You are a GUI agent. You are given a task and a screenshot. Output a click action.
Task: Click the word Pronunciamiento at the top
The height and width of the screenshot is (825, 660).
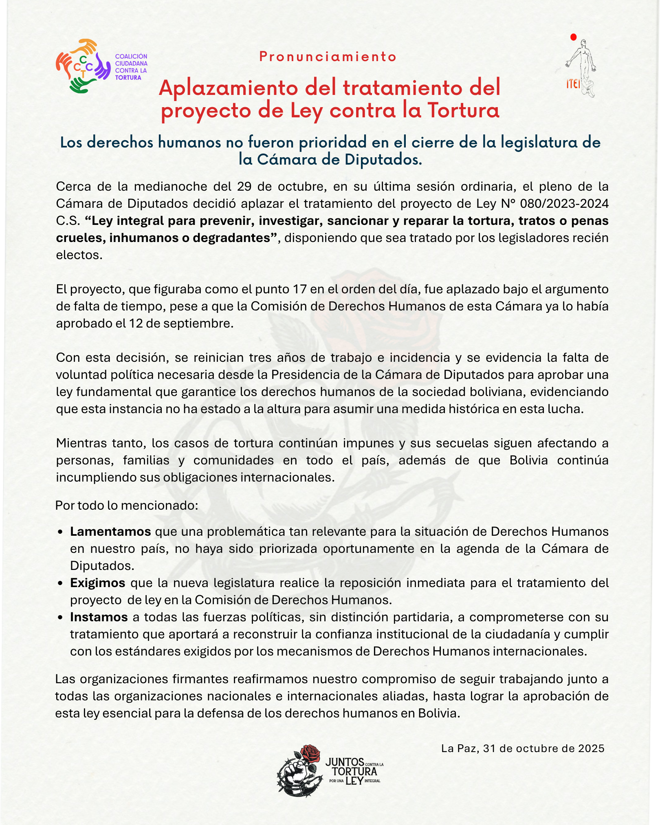click(x=328, y=57)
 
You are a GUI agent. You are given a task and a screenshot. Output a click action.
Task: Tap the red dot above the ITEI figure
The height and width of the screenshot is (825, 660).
click(x=574, y=37)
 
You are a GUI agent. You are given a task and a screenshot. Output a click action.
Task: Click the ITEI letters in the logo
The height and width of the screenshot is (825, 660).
click(x=573, y=84)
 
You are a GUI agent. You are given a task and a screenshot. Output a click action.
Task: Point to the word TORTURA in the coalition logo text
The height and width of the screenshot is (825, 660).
click(x=128, y=78)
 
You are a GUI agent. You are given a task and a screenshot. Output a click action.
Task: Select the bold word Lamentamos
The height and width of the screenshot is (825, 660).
click(x=110, y=532)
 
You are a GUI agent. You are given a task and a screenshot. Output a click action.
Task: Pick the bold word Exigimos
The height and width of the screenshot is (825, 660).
click(x=97, y=583)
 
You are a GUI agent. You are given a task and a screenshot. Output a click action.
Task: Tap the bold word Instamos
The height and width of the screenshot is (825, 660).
click(x=99, y=617)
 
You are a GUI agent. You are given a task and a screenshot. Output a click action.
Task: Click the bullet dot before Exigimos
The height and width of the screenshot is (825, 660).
click(x=60, y=583)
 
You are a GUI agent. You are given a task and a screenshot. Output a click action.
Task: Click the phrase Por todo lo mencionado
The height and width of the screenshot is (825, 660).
click(x=126, y=506)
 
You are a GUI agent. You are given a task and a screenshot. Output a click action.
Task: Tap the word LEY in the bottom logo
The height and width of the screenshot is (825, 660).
click(x=354, y=781)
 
